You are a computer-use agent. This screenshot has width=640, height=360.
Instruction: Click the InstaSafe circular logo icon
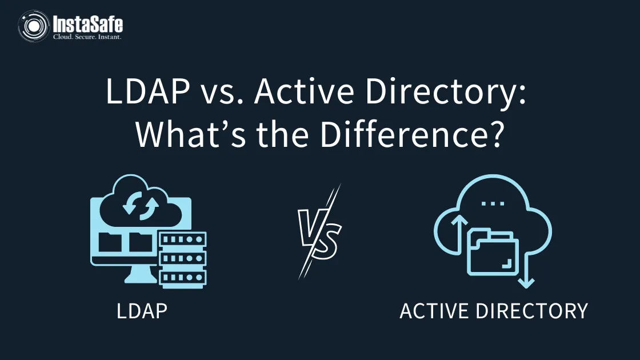pos(33,26)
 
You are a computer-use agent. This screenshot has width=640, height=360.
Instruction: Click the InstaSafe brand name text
pos(87,23)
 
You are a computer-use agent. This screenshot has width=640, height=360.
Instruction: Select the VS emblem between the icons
pos(319,231)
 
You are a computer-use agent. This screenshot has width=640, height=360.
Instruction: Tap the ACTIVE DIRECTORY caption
pos(493,311)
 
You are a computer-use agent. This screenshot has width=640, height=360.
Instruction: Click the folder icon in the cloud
pos(493,251)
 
